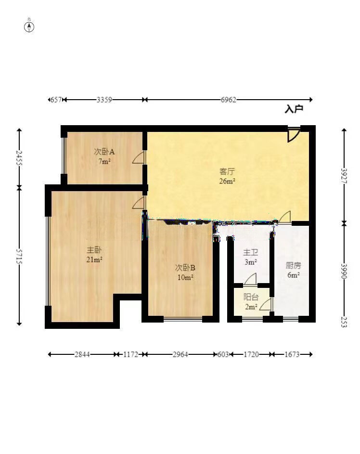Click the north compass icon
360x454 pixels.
29,27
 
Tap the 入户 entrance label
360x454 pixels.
294,109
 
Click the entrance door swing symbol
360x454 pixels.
294,134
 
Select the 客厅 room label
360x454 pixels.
227,171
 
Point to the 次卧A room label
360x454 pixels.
104,152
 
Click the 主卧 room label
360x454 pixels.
94,249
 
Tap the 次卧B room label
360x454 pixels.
185,267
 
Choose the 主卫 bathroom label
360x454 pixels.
250,252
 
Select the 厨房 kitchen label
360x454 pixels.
293,265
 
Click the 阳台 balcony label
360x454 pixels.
251,297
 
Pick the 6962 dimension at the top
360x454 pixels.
228,100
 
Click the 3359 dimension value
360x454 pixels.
104,100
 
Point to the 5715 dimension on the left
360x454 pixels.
19,256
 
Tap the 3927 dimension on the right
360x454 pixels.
344,176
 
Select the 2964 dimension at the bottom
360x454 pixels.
180,354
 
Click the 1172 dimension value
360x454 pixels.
131,354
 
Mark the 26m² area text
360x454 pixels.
227,181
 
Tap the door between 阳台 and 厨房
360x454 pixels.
266,305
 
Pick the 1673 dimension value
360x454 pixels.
292,354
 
